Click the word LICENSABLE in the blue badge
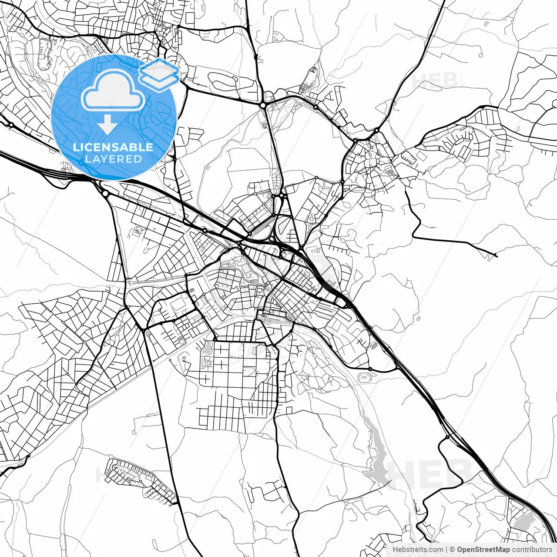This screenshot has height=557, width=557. point(113,147)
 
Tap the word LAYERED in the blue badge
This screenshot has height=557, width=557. point(113,159)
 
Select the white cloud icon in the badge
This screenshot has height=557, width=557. point(113,90)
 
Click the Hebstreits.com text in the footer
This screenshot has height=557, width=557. point(418,550)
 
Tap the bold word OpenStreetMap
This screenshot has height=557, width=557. point(483,550)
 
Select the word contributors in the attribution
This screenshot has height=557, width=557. point(532,550)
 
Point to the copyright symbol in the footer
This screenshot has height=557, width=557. point(452,550)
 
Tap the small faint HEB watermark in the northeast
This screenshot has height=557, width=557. point(435,81)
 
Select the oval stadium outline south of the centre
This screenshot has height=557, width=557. point(363,377)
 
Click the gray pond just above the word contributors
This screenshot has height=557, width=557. point(524,520)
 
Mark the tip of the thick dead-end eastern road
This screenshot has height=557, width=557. point(496,255)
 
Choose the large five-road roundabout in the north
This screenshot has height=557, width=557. point(263,105)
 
